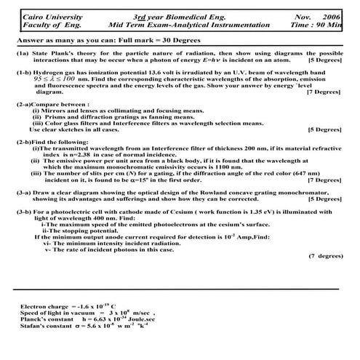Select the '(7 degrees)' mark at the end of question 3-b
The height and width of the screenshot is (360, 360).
click(324, 256)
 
